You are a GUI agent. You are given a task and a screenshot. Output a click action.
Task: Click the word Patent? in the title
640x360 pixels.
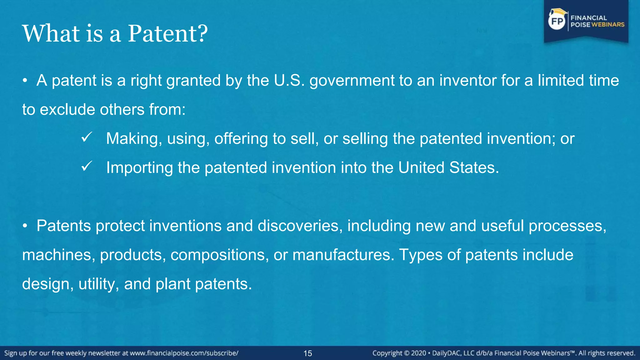coord(168,33)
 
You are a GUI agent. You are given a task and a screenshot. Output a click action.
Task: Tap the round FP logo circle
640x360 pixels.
coord(557,21)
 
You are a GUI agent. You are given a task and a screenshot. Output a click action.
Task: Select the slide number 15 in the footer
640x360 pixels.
coord(307,353)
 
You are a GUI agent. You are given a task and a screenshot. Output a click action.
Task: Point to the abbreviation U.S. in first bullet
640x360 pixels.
coord(289,81)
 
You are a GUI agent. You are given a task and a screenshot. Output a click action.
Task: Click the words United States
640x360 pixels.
coord(448,167)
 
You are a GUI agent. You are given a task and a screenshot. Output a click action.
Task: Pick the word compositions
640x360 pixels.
coord(219,255)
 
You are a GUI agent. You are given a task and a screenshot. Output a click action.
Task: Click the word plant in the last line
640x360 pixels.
coord(173,284)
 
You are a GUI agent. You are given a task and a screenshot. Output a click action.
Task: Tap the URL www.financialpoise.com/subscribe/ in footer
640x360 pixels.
coord(184,353)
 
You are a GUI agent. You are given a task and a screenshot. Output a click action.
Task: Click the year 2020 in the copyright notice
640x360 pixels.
coord(418,353)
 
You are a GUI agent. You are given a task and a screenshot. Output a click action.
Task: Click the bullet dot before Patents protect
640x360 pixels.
coord(25,226)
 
